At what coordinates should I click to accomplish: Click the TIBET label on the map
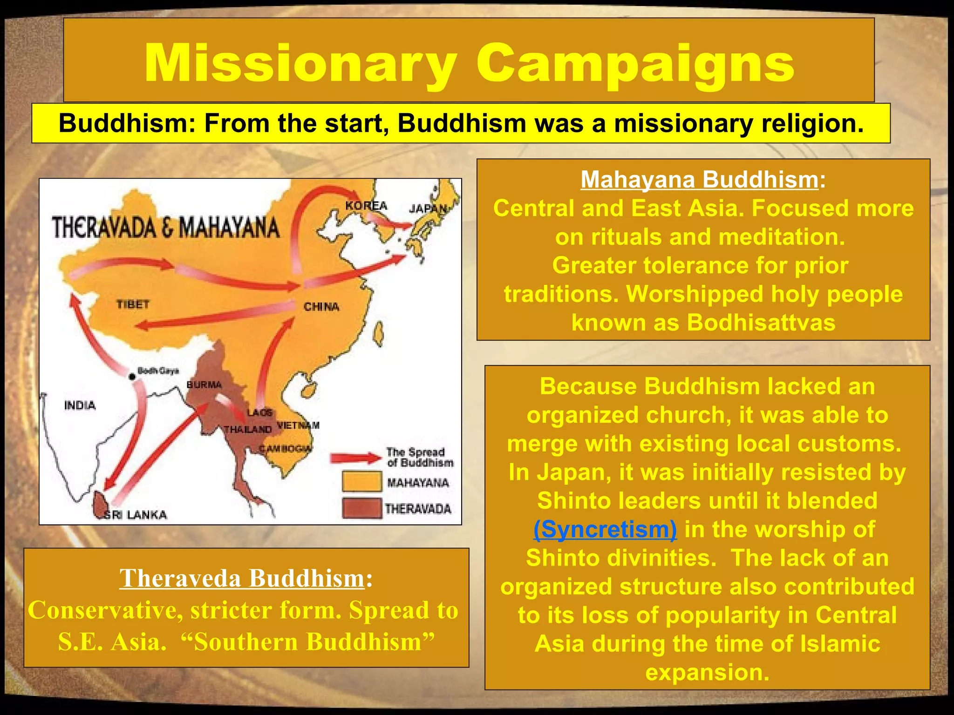tap(133, 304)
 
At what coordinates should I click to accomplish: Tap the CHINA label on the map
tap(321, 307)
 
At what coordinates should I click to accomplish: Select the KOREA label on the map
tap(366, 205)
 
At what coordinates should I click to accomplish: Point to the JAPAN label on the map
tap(428, 209)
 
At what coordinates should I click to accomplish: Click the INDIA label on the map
tap(80, 405)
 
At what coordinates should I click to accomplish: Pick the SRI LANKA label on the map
tap(135, 514)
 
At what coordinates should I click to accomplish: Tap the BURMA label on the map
tap(204, 384)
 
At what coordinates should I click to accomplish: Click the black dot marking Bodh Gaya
tap(132, 377)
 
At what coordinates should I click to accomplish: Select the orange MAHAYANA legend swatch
tap(361, 482)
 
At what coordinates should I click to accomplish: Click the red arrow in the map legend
tap(356, 458)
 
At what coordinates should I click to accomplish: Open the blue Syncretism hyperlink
tap(605, 529)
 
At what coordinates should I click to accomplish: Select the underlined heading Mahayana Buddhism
tap(699, 180)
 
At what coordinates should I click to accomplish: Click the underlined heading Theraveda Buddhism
tap(242, 578)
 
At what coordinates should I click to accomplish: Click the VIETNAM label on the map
tap(298, 425)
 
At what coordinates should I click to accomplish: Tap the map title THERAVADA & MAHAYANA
tap(166, 228)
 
